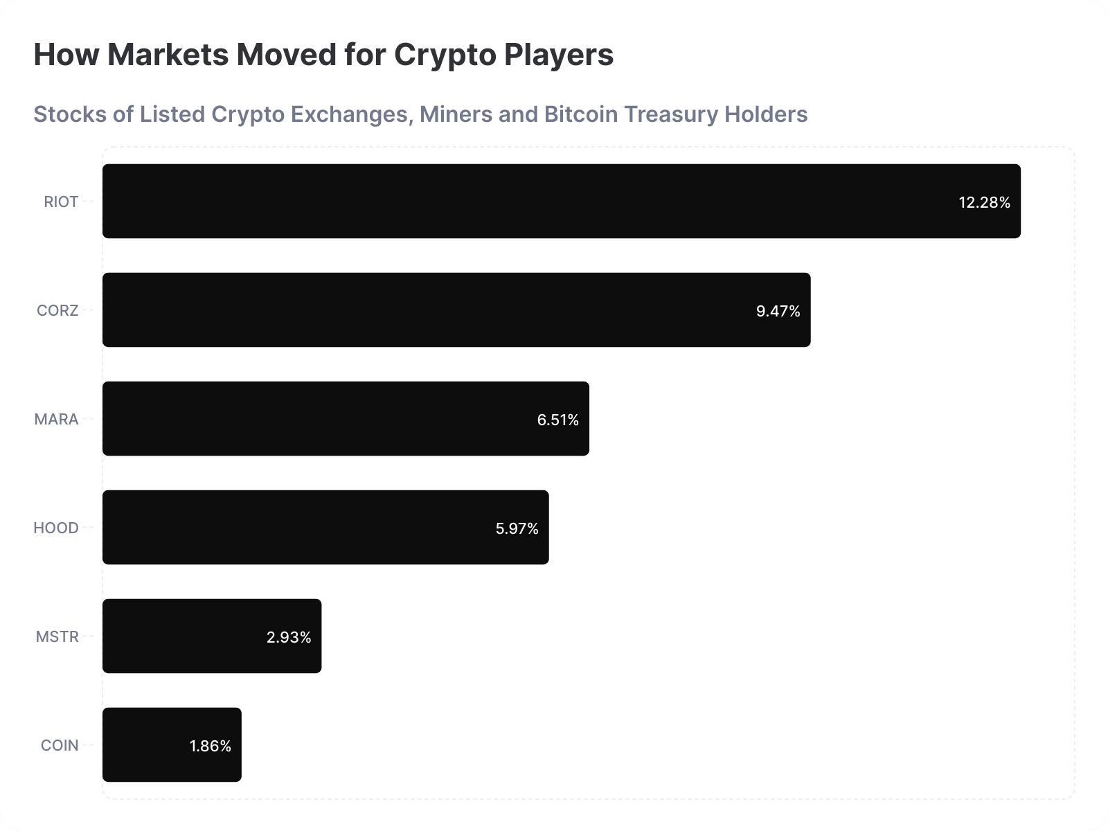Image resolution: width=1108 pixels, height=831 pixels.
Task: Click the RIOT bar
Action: pyautogui.click(x=526, y=201)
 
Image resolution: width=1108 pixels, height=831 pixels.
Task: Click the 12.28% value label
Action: pyautogui.click(x=984, y=202)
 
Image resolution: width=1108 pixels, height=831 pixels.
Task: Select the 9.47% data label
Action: pyautogui.click(x=778, y=311)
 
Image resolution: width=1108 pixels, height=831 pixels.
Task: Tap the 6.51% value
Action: pyautogui.click(x=557, y=420)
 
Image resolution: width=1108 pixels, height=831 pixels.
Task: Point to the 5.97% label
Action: pyautogui.click(x=517, y=528)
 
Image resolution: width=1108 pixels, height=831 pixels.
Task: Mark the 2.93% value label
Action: pyautogui.click(x=289, y=637)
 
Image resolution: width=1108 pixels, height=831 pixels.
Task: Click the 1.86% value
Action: pyautogui.click(x=210, y=746)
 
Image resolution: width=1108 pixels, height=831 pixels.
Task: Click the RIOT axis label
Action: pyautogui.click(x=61, y=202)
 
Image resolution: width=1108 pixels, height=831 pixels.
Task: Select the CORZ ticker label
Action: pyautogui.click(x=57, y=310)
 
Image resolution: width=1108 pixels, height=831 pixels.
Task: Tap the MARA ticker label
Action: pyautogui.click(x=56, y=419)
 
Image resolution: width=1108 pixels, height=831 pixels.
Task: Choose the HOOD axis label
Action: pyautogui.click(x=55, y=528)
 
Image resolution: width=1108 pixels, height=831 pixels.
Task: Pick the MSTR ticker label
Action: pyautogui.click(x=57, y=636)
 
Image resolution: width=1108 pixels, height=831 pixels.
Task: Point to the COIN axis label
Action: pyautogui.click(x=60, y=745)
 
